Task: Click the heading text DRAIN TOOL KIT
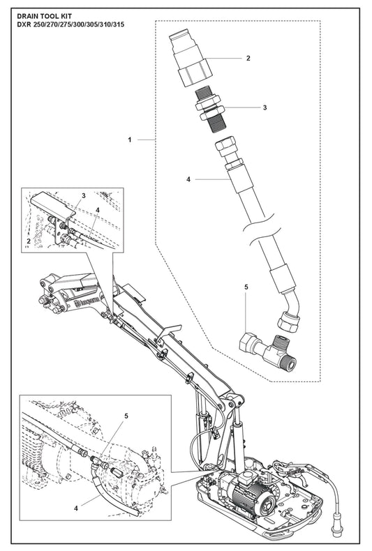click(x=44, y=17)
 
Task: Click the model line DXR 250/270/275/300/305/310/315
click(x=70, y=25)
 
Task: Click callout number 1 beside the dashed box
click(x=129, y=140)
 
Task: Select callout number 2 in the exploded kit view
click(x=248, y=59)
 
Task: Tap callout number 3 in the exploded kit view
click(x=265, y=107)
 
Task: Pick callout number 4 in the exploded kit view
click(x=188, y=179)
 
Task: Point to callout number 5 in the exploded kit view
click(x=246, y=287)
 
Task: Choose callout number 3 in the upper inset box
click(x=84, y=196)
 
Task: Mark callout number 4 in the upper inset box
click(x=98, y=210)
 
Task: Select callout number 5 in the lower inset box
click(x=126, y=416)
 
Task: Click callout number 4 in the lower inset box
click(x=76, y=508)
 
